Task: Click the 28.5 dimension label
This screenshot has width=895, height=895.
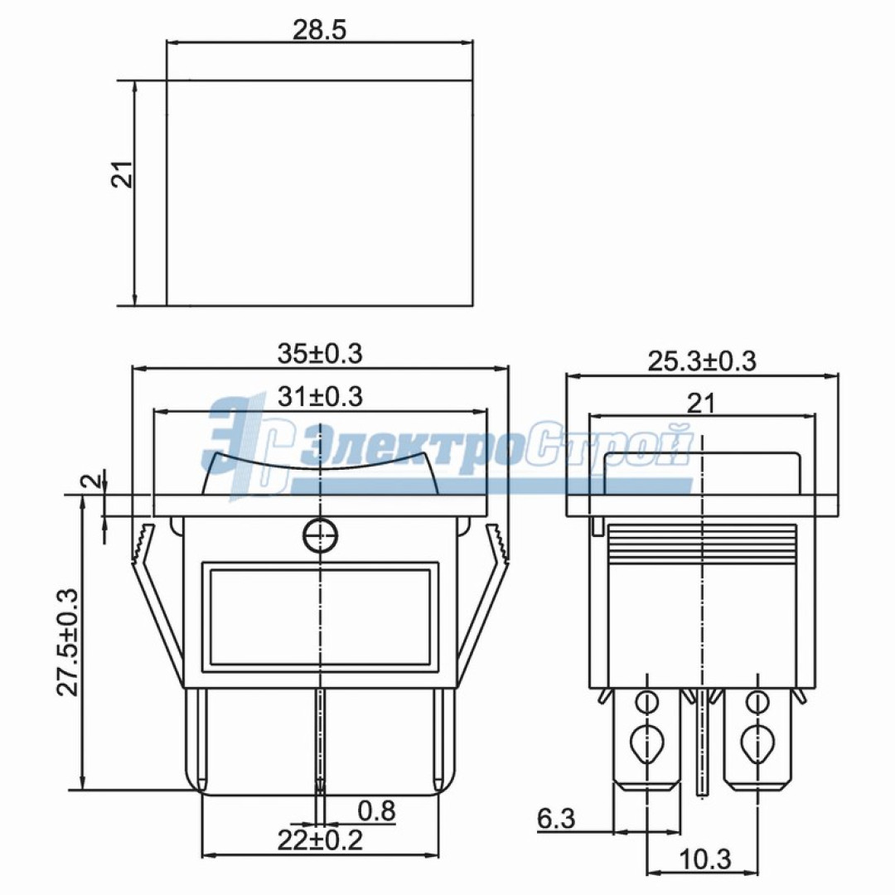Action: [x=319, y=31]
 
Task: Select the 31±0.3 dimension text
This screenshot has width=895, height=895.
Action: [x=320, y=396]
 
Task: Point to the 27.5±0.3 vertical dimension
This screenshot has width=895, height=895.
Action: [x=67, y=641]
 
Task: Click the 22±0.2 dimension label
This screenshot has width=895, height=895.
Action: [x=320, y=839]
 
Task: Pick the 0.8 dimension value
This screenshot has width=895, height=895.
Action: [x=376, y=810]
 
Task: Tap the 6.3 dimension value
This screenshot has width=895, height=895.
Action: [x=556, y=820]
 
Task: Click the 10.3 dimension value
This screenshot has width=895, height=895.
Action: [x=705, y=859]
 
